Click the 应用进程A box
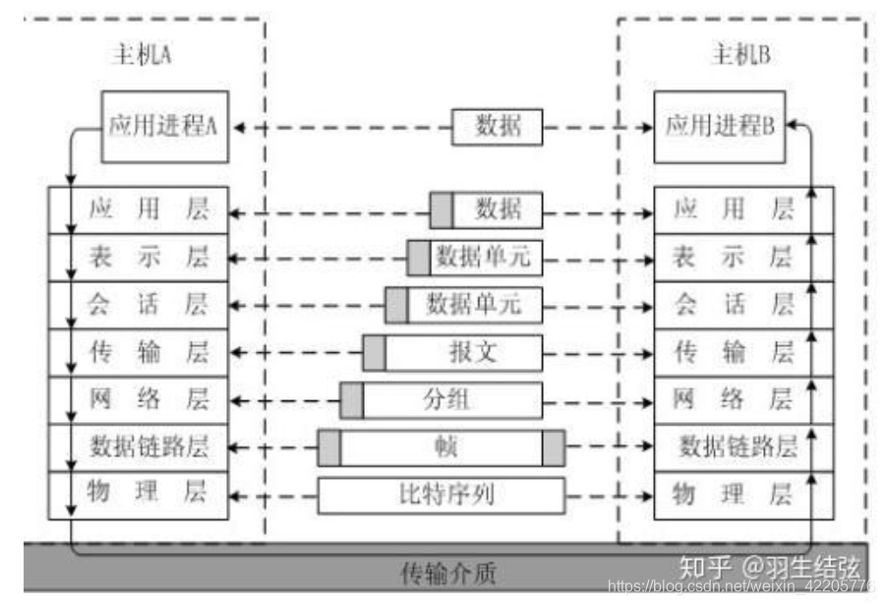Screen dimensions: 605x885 point(164,126)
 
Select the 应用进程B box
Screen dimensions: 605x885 point(720,126)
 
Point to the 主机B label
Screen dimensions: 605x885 point(739,54)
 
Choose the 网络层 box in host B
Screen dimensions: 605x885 point(734,398)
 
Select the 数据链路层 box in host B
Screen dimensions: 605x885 point(737,446)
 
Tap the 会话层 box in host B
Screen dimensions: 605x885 point(734,304)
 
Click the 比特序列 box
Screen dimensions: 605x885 point(441,495)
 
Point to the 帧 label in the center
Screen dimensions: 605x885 point(441,448)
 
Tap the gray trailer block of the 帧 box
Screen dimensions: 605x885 point(554,448)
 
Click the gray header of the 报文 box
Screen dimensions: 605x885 point(374,352)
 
